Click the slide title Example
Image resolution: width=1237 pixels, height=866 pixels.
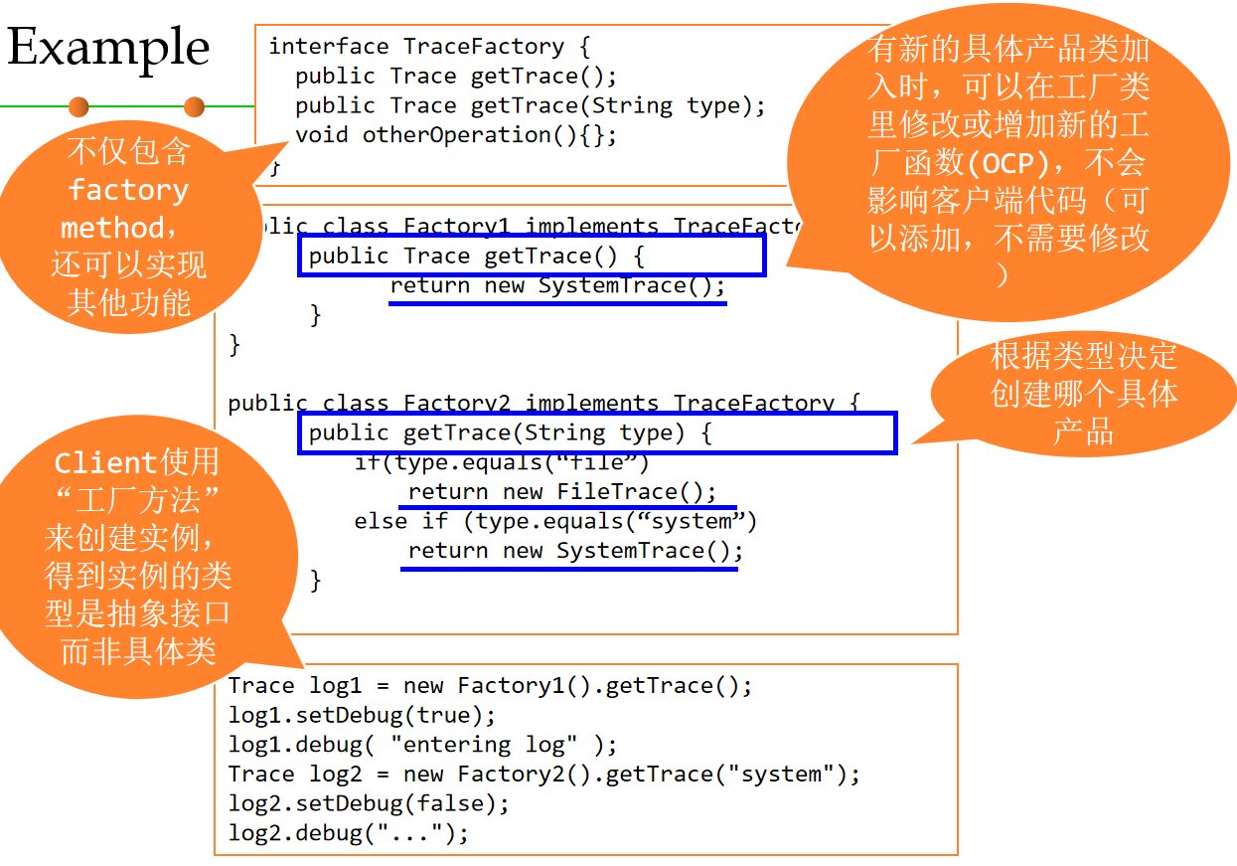click(x=108, y=48)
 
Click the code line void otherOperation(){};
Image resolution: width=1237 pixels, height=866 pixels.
click(x=456, y=135)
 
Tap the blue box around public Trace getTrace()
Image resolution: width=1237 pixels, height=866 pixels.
click(x=532, y=256)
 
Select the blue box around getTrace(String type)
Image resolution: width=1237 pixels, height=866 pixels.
click(x=596, y=433)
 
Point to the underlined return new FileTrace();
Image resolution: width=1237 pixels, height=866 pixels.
click(x=561, y=492)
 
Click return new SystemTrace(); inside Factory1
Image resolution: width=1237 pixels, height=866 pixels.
click(x=557, y=286)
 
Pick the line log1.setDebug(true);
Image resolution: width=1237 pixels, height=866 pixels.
click(x=362, y=715)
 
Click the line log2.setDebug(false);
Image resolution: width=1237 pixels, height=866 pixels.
click(x=369, y=803)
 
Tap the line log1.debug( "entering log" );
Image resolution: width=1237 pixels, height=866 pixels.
click(x=422, y=745)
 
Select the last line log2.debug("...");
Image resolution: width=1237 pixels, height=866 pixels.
click(x=348, y=833)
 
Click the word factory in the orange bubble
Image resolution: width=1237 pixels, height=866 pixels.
click(x=128, y=190)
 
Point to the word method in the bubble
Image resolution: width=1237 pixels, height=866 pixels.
click(x=112, y=228)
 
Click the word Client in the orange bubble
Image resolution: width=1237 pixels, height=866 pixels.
click(x=105, y=462)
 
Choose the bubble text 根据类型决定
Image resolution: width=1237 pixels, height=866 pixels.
click(x=1083, y=355)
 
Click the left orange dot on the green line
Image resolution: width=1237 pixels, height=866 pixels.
click(x=78, y=105)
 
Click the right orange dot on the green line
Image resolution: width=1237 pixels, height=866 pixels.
click(x=194, y=105)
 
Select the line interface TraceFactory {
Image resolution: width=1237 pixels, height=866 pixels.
click(x=430, y=47)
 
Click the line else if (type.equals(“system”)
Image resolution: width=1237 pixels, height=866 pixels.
click(x=555, y=521)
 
